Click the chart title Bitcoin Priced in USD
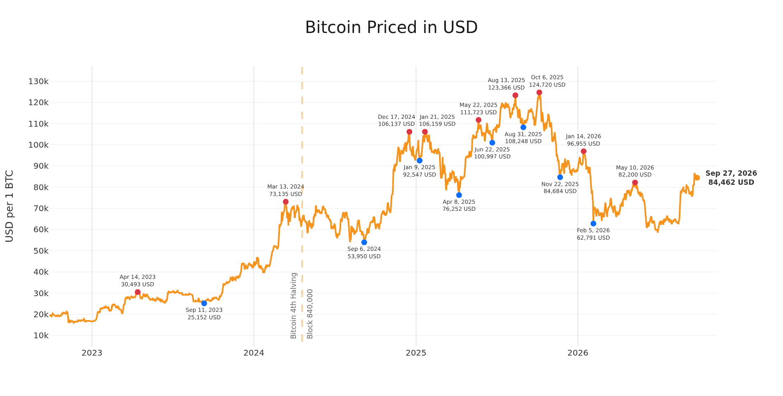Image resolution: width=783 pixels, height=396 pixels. click(x=391, y=28)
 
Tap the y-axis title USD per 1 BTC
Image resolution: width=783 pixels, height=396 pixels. click(x=9, y=206)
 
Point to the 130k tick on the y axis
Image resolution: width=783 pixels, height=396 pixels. click(x=38, y=81)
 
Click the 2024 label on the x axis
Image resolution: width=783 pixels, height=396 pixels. click(x=254, y=353)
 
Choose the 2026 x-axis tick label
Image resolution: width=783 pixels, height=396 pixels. click(x=578, y=353)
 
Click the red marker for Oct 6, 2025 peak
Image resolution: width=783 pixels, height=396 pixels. click(x=539, y=92)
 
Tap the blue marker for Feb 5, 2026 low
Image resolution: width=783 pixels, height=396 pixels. click(x=593, y=224)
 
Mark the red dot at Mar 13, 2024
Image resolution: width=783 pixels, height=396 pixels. click(x=286, y=202)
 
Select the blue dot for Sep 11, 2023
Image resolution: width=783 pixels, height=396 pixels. click(x=204, y=303)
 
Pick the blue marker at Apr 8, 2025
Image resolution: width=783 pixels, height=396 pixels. click(x=459, y=195)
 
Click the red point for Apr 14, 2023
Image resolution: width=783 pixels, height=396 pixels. click(x=138, y=292)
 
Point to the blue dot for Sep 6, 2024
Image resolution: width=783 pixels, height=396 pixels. click(x=364, y=242)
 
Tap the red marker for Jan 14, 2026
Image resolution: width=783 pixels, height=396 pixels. click(x=584, y=151)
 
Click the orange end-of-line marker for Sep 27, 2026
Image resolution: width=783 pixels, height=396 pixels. click(x=697, y=178)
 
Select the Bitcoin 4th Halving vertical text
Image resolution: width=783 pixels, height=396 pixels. click(x=294, y=306)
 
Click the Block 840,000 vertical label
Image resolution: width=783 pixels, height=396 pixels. click(x=310, y=314)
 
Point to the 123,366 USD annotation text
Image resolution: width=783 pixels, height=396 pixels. click(x=506, y=88)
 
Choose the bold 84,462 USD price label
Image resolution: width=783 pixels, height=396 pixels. click(x=731, y=182)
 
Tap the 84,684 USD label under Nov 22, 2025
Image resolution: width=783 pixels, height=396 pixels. click(x=560, y=191)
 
